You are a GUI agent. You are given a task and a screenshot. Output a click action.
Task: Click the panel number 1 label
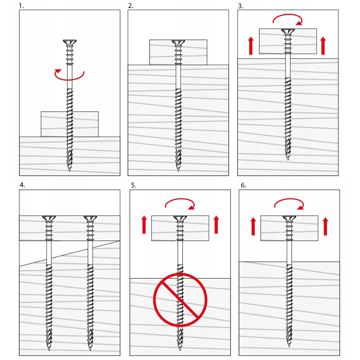pyautogui.click(x=21, y=6)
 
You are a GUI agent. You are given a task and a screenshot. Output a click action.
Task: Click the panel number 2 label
pyautogui.click(x=131, y=6)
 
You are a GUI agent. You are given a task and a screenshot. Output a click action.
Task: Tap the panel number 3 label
pyautogui.click(x=240, y=6)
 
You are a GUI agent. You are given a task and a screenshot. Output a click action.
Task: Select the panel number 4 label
pyautogui.click(x=22, y=185)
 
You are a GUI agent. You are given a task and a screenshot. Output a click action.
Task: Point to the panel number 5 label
pyautogui.click(x=134, y=185)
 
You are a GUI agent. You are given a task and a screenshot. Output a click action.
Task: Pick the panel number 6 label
pyautogui.click(x=244, y=185)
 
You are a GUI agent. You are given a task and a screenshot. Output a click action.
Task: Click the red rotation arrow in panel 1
pyautogui.click(x=69, y=79)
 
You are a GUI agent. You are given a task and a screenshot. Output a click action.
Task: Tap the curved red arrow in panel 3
pyautogui.click(x=287, y=15)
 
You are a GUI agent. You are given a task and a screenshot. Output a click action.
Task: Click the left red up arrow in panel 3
pyautogui.click(x=251, y=46)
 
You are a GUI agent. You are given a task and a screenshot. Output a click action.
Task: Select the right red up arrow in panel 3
pyautogui.click(x=323, y=46)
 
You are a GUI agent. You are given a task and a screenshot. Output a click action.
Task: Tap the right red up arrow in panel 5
pyautogui.click(x=216, y=225)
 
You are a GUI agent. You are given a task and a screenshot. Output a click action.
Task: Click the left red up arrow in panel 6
pyautogui.click(x=253, y=226)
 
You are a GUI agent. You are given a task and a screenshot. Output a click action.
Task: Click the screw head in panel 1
pyautogui.click(x=69, y=42)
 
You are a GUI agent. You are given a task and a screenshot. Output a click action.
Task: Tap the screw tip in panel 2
pyautogui.click(x=178, y=171)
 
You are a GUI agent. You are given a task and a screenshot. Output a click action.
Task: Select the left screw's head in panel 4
pyautogui.click(x=49, y=218)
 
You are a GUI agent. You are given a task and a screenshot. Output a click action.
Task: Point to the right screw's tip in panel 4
pyautogui.click(x=90, y=350)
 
